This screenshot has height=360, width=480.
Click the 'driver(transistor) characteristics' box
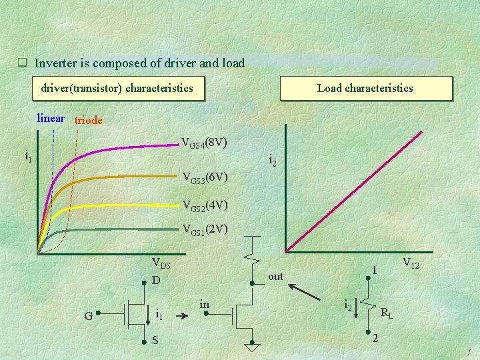[x=117, y=88]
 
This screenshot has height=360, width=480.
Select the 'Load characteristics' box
[x=365, y=88]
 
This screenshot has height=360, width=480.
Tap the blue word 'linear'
[x=51, y=119]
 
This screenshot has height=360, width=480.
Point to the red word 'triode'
[x=88, y=120]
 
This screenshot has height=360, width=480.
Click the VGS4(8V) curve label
[x=205, y=143]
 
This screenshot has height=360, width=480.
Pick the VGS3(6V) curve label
[x=206, y=178]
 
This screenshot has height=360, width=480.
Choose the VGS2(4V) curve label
[x=205, y=205]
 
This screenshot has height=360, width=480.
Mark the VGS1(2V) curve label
[x=205, y=230]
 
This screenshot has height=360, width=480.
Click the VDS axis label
[x=161, y=264]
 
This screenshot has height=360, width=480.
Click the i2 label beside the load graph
[x=273, y=160]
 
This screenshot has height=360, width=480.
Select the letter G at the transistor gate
[x=88, y=315]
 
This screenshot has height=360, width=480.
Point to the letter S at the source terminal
[x=155, y=341]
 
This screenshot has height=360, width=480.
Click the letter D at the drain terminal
[x=155, y=281]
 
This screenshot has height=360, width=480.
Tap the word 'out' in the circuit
[x=275, y=276]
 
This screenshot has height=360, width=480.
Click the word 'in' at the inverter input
[x=205, y=305]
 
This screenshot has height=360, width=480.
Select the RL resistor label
[x=386, y=312]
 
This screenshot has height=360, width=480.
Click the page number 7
[x=469, y=351]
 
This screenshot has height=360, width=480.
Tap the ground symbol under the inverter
[x=251, y=347]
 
